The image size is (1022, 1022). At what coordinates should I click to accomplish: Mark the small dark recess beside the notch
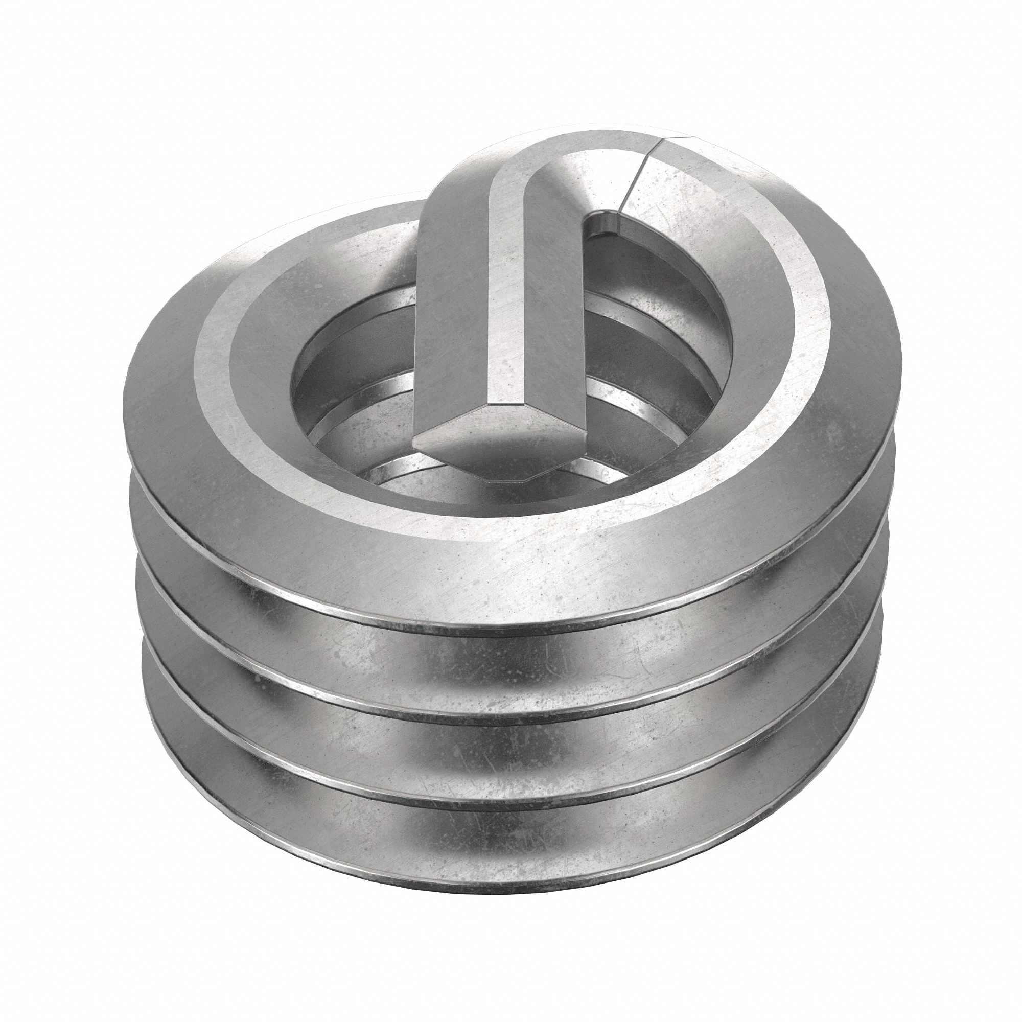tap(603, 227)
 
